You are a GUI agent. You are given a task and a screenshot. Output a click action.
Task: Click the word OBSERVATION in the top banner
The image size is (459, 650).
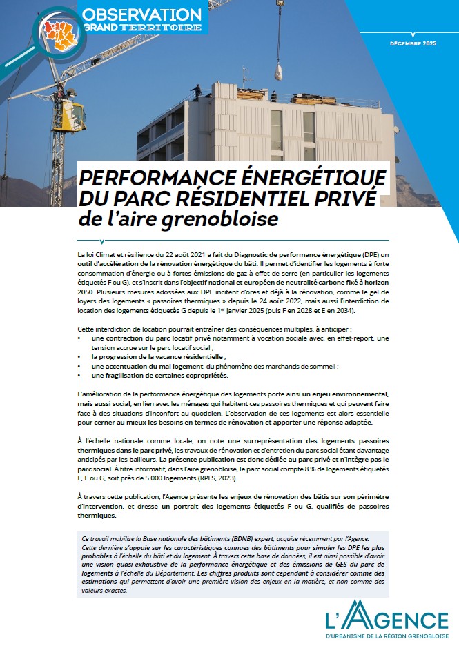click(x=141, y=13)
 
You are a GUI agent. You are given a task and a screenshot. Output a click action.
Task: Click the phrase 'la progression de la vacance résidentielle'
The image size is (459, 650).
click(x=158, y=357)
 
